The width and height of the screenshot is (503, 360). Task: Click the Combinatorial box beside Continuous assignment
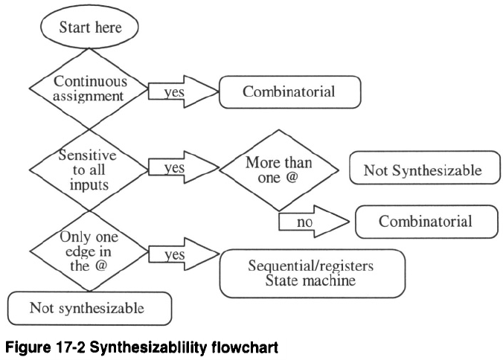point(289,92)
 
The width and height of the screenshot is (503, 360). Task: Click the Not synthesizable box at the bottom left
point(89,306)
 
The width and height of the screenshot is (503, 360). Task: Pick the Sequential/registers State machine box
point(312,273)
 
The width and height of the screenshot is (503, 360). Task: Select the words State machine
point(312,282)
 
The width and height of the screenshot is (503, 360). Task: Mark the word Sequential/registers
point(312,266)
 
